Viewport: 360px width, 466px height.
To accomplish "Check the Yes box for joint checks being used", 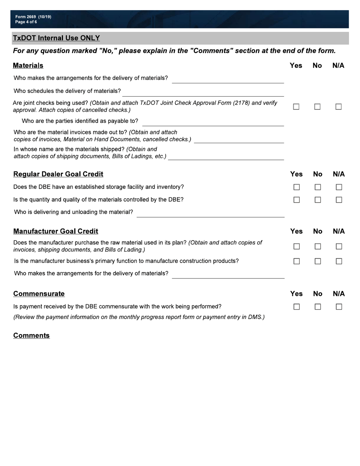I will (296, 107).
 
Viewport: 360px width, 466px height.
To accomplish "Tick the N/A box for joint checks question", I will (338, 107).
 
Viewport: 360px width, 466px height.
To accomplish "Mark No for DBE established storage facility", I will (318, 187).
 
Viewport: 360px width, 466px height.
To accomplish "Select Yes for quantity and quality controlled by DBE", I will (296, 200).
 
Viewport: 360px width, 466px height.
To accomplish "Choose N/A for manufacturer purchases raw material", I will (339, 246).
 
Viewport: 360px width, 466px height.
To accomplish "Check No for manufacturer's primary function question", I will (318, 261).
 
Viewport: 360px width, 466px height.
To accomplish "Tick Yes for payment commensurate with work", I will (296, 306).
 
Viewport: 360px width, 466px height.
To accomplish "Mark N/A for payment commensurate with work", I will (339, 306).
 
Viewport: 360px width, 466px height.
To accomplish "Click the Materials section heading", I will (28, 66).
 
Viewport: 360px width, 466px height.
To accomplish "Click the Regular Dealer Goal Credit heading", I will (58, 174).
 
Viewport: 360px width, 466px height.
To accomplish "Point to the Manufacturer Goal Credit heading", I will (56, 231).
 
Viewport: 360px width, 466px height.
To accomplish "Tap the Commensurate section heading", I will (39, 294).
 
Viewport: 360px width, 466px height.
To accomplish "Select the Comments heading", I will (31, 335).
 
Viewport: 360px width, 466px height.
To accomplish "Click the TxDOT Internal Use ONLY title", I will (56, 38).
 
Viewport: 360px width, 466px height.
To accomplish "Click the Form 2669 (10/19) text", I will (33, 17).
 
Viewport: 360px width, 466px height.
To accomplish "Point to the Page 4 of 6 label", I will (26, 22).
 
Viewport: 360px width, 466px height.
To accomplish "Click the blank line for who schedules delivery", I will (203, 93).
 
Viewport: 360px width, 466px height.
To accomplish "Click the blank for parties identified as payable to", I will (213, 122).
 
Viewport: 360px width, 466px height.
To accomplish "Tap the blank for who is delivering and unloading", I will (210, 214).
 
